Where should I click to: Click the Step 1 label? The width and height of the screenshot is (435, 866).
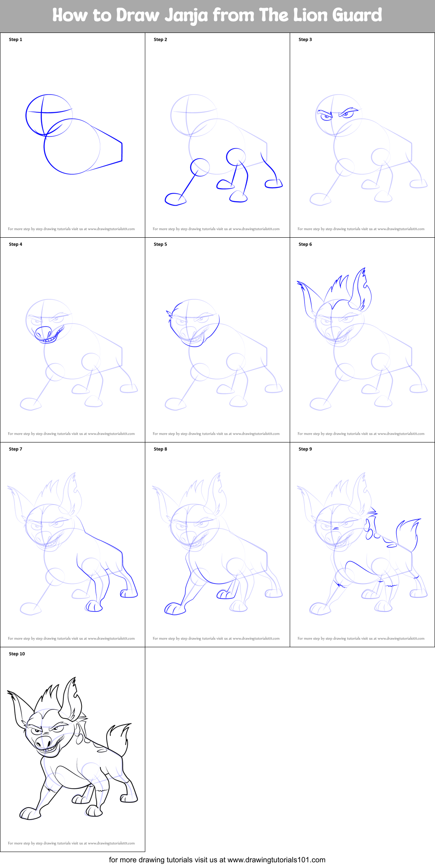(16, 39)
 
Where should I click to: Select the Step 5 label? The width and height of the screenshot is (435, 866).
(161, 244)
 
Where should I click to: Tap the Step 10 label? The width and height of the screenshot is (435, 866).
(17, 654)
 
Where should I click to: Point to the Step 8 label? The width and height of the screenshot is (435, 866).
(161, 449)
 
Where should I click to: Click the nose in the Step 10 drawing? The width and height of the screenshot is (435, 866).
(44, 741)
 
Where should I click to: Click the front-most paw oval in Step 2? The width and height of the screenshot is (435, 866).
(175, 199)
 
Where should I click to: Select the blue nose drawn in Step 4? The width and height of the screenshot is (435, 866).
(42, 332)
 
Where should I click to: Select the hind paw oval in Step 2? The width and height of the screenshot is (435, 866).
(274, 184)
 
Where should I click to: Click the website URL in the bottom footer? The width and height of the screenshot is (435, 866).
(276, 859)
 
